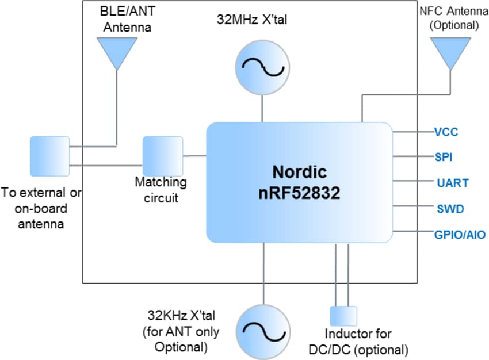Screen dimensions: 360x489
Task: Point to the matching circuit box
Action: point(162,155)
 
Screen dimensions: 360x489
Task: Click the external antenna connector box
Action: point(50,156)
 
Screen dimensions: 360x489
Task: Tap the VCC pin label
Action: point(446,132)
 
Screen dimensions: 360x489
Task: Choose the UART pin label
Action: point(452,183)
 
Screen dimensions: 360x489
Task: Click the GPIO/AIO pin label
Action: point(460,235)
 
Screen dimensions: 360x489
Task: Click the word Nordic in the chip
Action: point(299,172)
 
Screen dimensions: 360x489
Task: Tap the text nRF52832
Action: point(299,193)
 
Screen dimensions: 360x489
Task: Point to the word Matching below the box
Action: point(161,182)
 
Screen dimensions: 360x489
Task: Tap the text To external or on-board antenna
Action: point(41,208)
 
